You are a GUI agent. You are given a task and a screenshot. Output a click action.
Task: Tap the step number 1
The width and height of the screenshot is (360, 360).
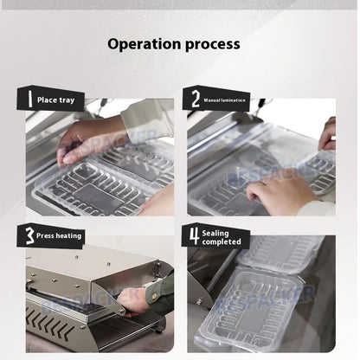click(29, 100)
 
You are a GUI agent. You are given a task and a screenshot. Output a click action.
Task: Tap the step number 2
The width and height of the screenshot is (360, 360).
click(195, 100)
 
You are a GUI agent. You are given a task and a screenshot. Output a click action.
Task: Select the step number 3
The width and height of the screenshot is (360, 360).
click(29, 235)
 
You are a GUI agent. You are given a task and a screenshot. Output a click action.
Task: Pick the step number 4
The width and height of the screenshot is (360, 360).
click(195, 235)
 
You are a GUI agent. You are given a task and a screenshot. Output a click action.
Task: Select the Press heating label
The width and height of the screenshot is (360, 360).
click(60, 235)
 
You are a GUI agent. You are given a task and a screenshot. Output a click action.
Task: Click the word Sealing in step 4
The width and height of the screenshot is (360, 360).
click(216, 232)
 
